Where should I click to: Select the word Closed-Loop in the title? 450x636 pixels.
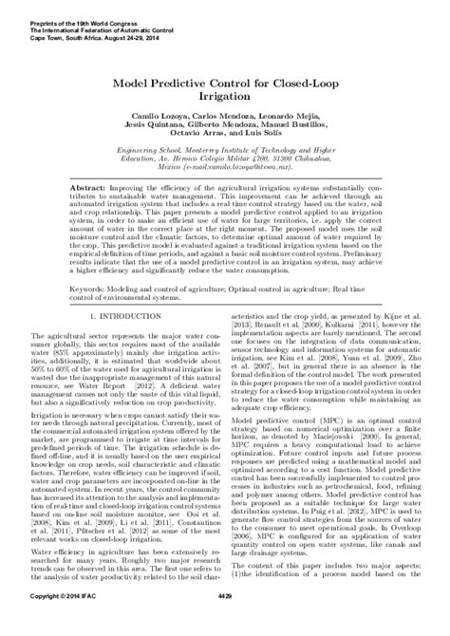pyautogui.click(x=298, y=82)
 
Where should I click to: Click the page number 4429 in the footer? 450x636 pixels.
pyautogui.click(x=225, y=623)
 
